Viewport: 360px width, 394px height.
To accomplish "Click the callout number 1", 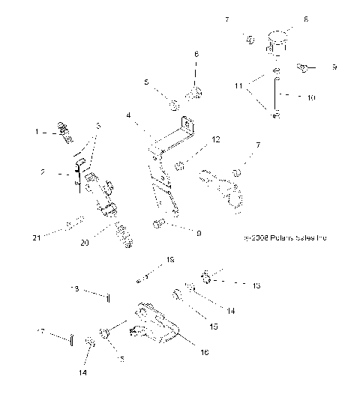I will [36, 132].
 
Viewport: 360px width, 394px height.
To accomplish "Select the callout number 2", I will [43, 172].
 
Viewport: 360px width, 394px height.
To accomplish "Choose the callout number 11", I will [241, 87].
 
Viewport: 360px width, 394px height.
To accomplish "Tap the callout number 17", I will [40, 330].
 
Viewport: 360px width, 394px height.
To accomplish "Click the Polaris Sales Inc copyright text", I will [286, 237].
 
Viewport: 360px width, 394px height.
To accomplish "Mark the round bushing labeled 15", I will [178, 297].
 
